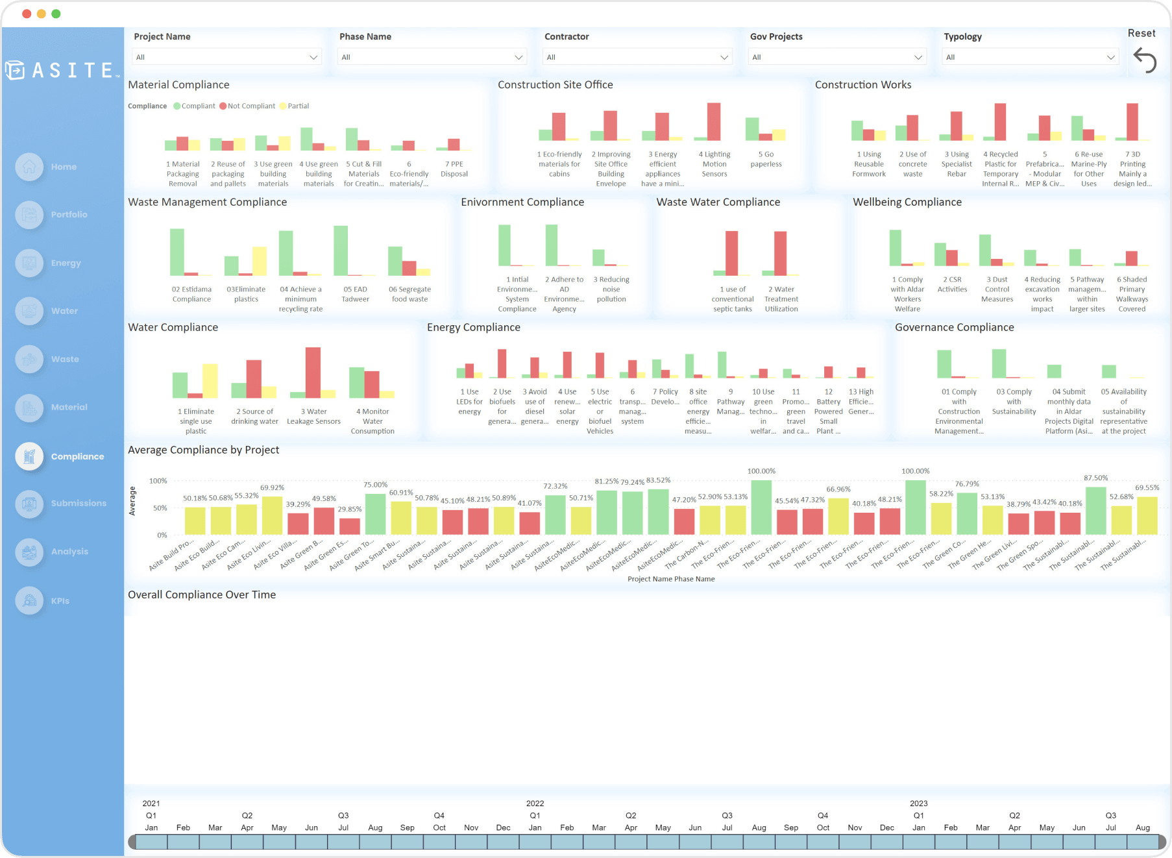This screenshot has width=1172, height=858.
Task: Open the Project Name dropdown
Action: (x=226, y=57)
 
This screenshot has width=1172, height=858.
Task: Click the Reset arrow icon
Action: (x=1145, y=60)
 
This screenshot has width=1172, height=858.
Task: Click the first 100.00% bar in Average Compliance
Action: (x=761, y=508)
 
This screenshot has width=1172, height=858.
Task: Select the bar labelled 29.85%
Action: (x=350, y=526)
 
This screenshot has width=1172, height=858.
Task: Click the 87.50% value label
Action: (x=1095, y=478)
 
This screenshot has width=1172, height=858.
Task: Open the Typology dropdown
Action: (x=1030, y=57)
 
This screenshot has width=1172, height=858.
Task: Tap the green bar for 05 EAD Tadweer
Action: (x=341, y=251)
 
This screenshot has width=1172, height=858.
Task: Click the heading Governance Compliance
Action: (x=954, y=327)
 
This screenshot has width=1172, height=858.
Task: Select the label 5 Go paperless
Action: (x=766, y=159)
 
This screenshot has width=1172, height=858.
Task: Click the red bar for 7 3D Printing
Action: (x=1132, y=121)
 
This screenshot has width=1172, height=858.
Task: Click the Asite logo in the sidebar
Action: (x=62, y=70)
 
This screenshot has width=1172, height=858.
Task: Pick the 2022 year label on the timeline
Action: (x=535, y=803)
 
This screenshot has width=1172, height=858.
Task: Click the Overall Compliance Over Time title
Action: (x=202, y=594)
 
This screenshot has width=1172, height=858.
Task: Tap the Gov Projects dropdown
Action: (x=836, y=57)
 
